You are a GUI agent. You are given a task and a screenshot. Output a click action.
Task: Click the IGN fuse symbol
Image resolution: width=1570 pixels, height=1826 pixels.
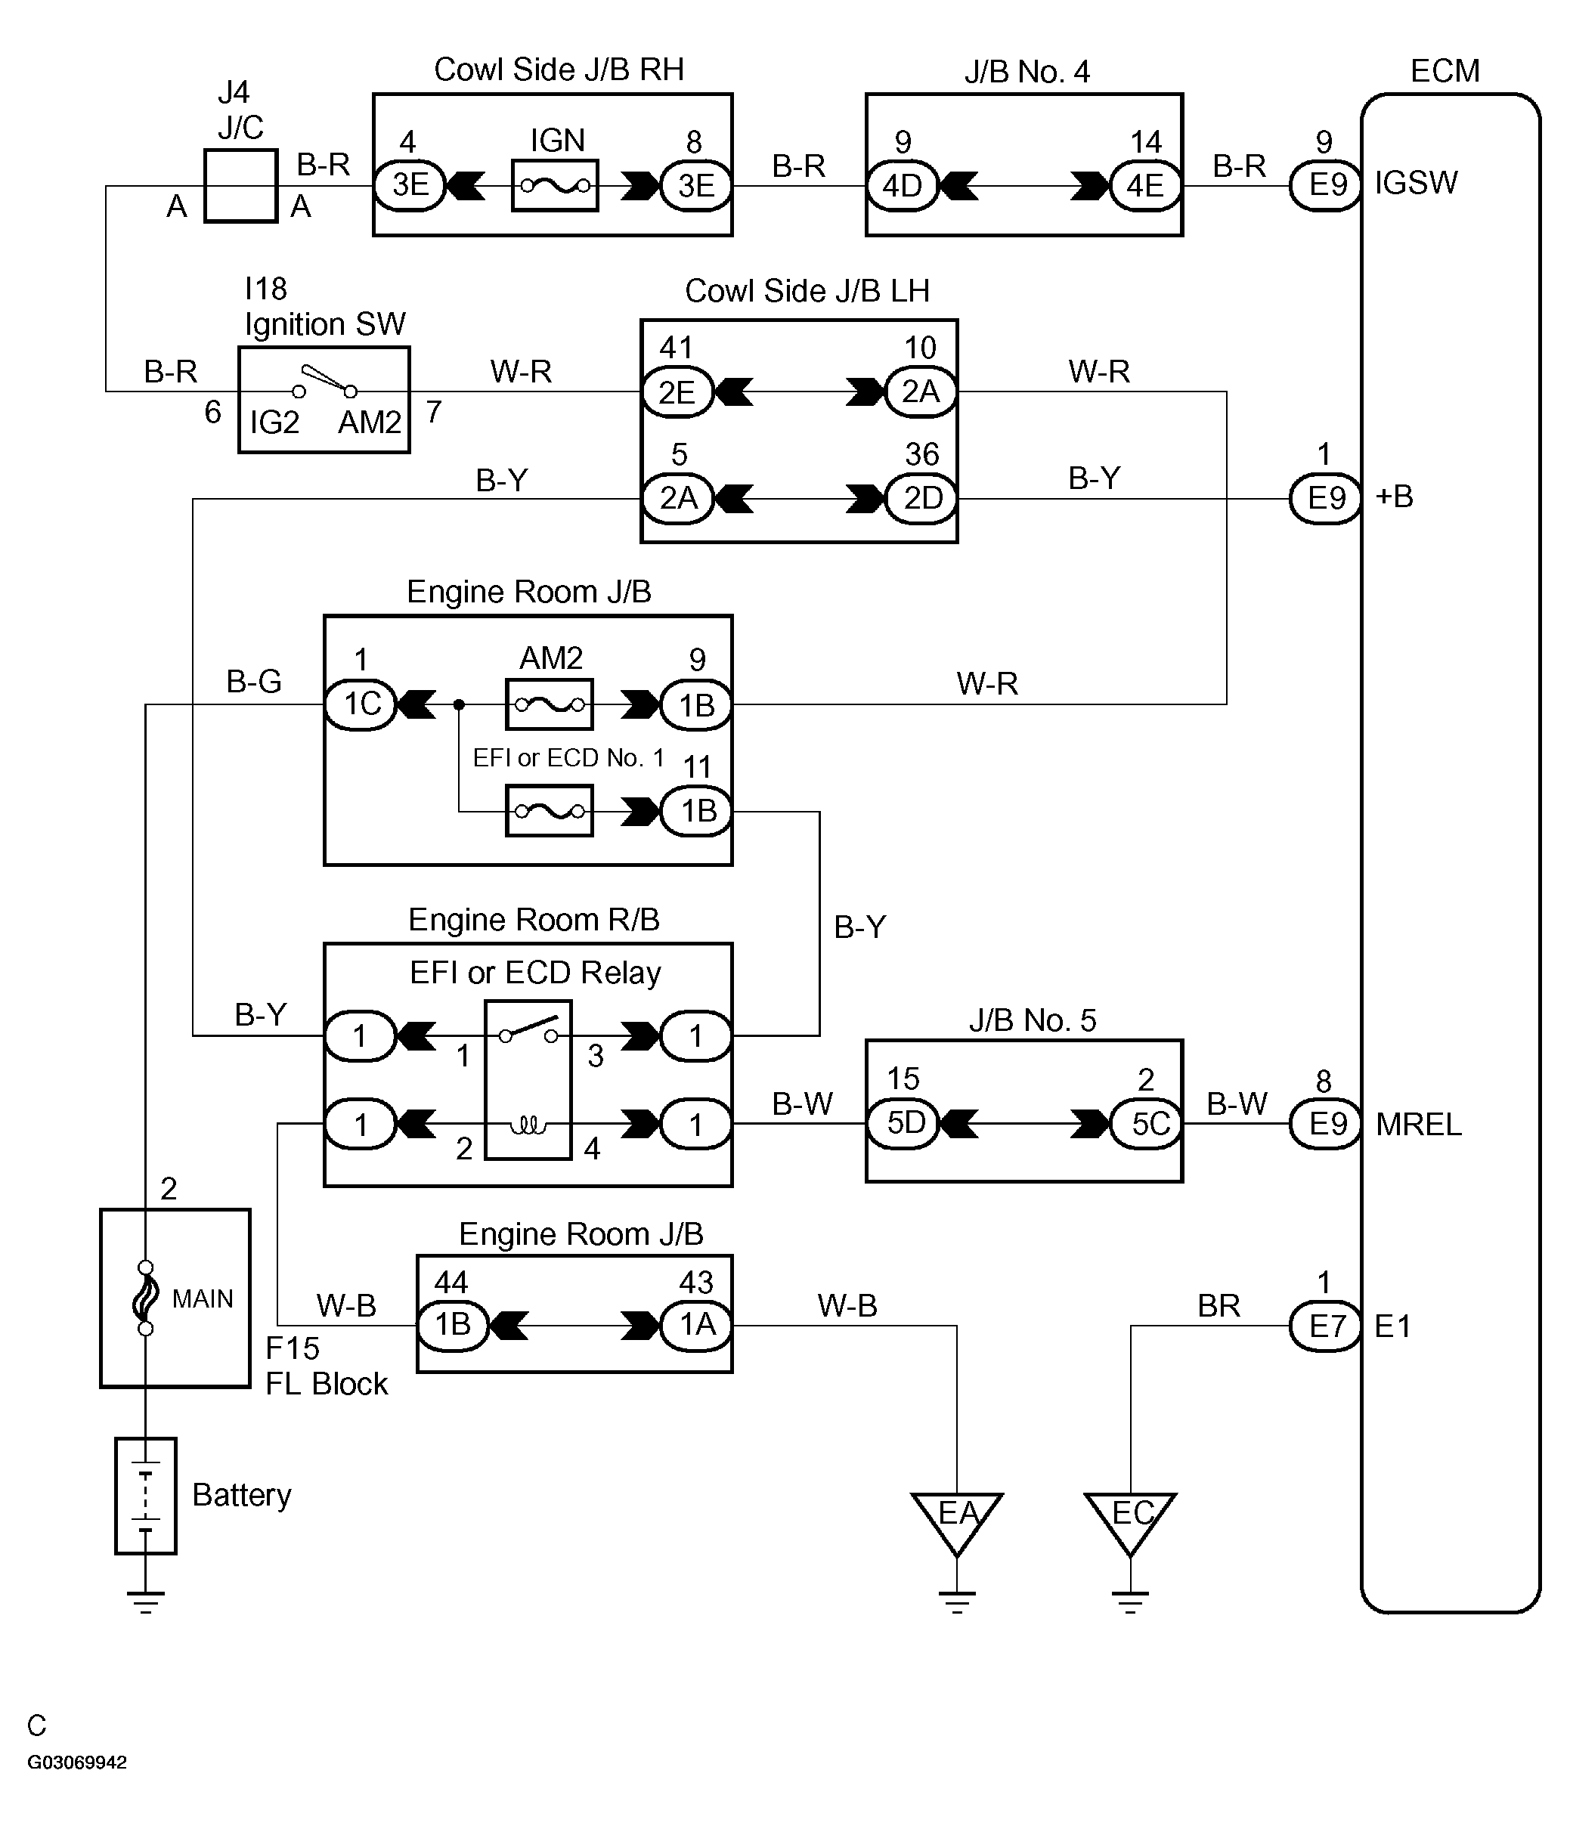555,185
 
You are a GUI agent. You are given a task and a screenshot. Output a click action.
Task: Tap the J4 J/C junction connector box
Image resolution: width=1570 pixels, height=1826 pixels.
240,185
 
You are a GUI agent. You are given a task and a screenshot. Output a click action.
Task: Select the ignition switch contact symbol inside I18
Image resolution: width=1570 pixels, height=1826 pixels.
324,382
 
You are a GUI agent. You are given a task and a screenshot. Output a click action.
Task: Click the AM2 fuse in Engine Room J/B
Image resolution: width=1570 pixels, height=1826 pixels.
550,704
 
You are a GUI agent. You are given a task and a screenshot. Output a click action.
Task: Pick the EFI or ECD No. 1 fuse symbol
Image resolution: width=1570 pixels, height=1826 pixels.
550,811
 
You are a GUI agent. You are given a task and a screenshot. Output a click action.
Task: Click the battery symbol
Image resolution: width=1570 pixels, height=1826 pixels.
145,1496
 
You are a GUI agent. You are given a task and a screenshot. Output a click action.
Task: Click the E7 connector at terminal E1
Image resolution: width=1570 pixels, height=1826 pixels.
1325,1325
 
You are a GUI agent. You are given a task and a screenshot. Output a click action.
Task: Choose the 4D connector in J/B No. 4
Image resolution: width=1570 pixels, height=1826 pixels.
902,185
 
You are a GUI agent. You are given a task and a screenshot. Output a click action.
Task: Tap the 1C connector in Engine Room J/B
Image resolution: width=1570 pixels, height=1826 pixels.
361,704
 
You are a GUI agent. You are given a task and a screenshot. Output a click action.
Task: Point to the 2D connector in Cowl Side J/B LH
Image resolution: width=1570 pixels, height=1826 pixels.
921,499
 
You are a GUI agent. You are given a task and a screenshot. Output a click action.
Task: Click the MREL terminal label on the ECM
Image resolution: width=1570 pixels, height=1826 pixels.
1418,1125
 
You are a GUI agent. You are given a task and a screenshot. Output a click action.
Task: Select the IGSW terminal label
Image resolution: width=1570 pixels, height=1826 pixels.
1416,184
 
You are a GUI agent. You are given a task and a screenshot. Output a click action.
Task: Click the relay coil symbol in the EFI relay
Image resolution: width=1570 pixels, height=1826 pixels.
528,1125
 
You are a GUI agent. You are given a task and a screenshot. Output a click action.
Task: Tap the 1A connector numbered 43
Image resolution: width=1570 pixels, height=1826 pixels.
696,1325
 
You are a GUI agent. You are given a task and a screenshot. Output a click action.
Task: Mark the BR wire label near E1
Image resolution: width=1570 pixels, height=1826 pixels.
1219,1305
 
